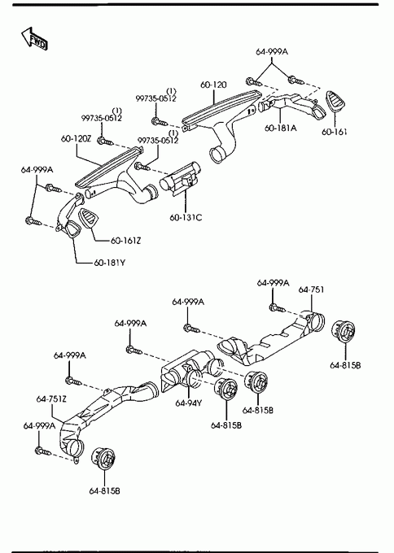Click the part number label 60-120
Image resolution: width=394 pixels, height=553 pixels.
[213, 85]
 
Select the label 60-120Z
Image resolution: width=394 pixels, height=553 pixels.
[76, 138]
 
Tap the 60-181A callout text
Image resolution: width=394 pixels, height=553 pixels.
[281, 128]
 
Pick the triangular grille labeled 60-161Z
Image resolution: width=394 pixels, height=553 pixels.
[88, 219]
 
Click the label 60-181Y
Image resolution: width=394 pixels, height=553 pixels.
[109, 263]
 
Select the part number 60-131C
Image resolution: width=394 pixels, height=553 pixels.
[186, 217]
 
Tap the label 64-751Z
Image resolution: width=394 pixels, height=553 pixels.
[51, 398]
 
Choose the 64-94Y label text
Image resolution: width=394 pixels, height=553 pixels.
[189, 403]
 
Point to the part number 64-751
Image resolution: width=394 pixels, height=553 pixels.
[311, 290]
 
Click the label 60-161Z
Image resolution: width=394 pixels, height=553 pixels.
[125, 241]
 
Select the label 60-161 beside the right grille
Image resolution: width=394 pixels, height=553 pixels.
[334, 132]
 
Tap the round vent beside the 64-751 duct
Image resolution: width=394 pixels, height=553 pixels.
[344, 331]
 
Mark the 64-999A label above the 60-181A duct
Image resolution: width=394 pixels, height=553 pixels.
[272, 51]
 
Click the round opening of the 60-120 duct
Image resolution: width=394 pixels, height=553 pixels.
[218, 155]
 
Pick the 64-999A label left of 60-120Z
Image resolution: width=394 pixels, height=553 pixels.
[37, 170]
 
